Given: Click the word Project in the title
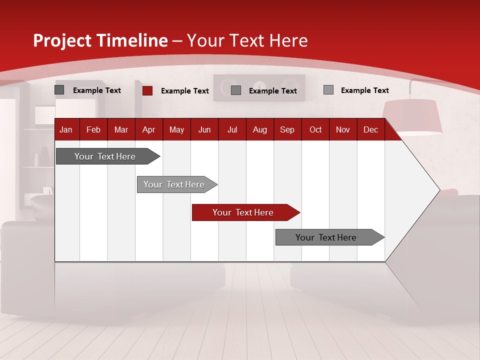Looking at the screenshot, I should pyautogui.click(x=62, y=40).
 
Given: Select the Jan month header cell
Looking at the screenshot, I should pyautogui.click(x=66, y=129).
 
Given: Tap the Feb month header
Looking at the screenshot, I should pyautogui.click(x=93, y=129).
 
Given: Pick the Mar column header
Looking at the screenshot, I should pyautogui.click(x=121, y=129).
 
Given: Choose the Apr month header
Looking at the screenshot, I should pyautogui.click(x=148, y=129).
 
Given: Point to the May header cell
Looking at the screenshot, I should pyautogui.click(x=176, y=129).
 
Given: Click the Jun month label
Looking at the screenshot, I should pyautogui.click(x=204, y=129).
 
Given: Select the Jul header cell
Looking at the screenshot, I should pyautogui.click(x=232, y=129).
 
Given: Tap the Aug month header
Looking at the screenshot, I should pyautogui.click(x=259, y=129).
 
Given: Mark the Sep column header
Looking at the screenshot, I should pyautogui.click(x=287, y=129).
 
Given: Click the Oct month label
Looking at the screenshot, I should pyautogui.click(x=315, y=129).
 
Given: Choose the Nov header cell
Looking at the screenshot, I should pyautogui.click(x=343, y=129).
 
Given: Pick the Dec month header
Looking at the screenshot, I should pyautogui.click(x=370, y=129).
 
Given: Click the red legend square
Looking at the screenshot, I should pyautogui.click(x=147, y=90).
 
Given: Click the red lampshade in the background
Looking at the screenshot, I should pyautogui.click(x=412, y=116).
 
